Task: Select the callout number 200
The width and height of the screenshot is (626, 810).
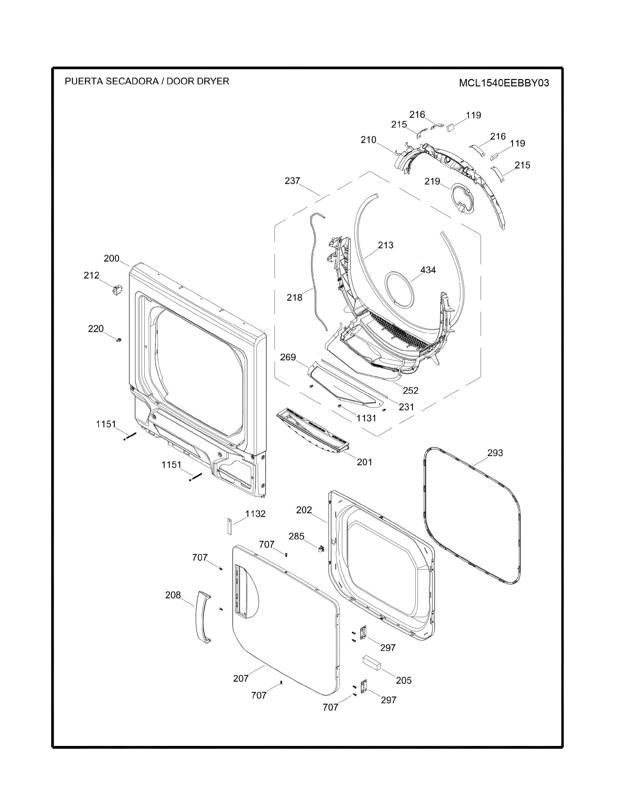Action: tap(112, 258)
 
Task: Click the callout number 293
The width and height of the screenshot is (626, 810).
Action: tap(495, 453)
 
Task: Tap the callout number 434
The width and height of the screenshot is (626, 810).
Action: tap(428, 270)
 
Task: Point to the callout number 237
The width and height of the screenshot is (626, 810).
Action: tap(292, 181)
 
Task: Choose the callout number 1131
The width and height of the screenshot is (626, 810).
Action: tap(367, 418)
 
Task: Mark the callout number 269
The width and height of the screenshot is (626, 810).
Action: tap(288, 357)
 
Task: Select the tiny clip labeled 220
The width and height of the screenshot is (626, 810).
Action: tap(119, 339)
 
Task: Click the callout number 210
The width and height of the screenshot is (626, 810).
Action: tap(368, 140)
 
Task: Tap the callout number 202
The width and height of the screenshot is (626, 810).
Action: tap(304, 510)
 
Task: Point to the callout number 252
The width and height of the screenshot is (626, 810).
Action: tap(410, 390)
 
